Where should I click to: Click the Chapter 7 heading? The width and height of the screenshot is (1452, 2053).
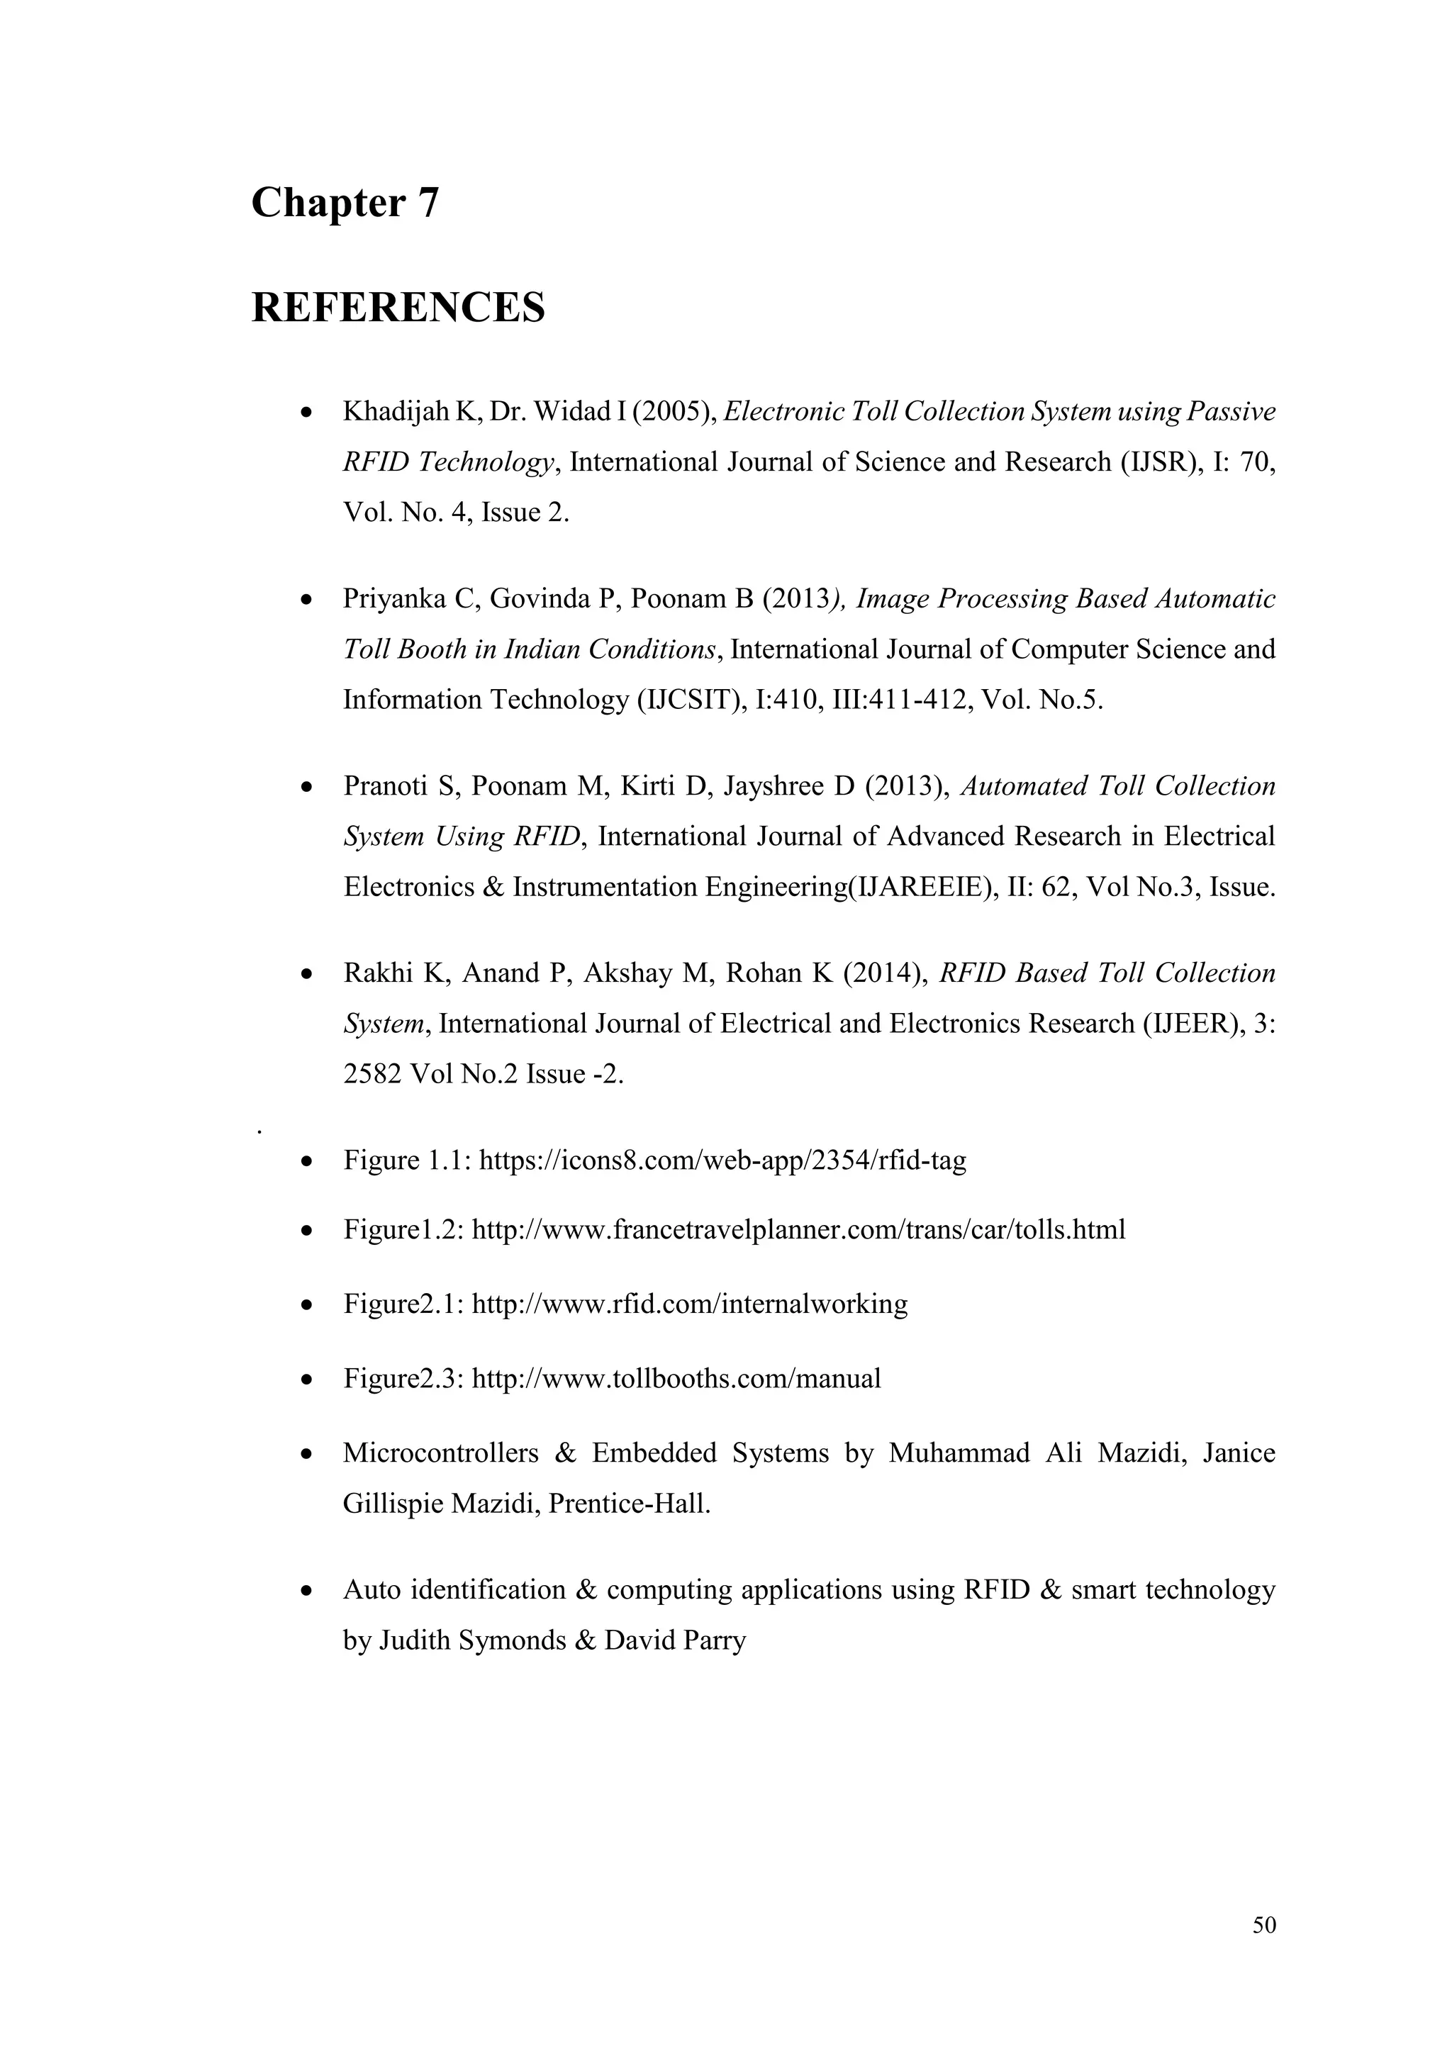point(345,203)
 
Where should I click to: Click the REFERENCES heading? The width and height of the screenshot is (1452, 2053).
point(398,308)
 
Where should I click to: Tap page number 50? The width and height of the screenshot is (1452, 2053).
point(1264,1925)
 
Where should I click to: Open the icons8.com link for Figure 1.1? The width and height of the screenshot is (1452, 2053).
point(722,1160)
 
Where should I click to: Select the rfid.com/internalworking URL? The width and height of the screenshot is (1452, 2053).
point(688,1304)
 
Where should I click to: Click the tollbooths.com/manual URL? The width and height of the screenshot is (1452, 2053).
point(676,1378)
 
